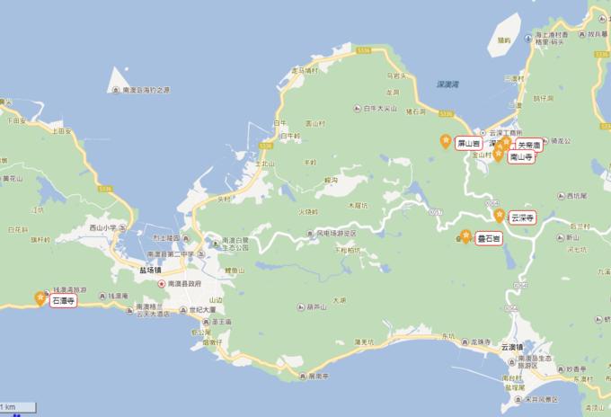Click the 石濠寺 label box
click(64, 301)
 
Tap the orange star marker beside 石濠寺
click(40, 298)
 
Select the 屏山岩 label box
click(469, 143)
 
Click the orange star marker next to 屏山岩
click(446, 141)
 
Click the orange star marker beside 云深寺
click(500, 216)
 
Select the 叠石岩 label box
click(488, 238)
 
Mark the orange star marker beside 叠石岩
click(465, 236)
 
